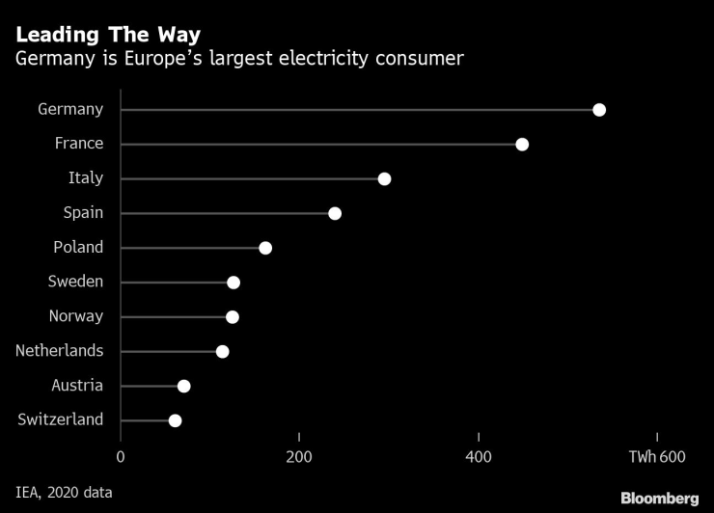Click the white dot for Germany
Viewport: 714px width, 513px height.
[x=599, y=110]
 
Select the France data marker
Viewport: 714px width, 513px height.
[x=522, y=145]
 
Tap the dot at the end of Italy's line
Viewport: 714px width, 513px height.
[x=384, y=179]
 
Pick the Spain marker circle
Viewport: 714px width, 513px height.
[x=335, y=213]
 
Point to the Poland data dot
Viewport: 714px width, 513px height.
[x=265, y=248]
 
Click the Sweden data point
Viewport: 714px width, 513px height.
[x=233, y=283]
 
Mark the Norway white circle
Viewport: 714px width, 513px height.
[x=233, y=317]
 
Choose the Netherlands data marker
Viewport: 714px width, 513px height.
[x=223, y=352]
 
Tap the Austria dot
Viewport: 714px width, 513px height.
[x=184, y=387]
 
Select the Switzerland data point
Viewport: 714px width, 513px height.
[x=175, y=420]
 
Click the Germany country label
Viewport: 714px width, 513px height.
[x=70, y=109]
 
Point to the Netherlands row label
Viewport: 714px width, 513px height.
[x=59, y=351]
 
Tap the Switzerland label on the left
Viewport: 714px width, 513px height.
[x=61, y=419]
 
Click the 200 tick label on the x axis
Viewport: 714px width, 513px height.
[x=299, y=456]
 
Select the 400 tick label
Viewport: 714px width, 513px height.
[x=479, y=456]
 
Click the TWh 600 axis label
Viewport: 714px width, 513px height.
[x=657, y=456]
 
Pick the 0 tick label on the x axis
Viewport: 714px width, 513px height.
[x=121, y=456]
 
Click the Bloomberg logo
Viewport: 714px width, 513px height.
[x=659, y=498]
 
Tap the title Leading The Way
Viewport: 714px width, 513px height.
[x=108, y=35]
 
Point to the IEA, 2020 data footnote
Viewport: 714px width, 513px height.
[x=64, y=493]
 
